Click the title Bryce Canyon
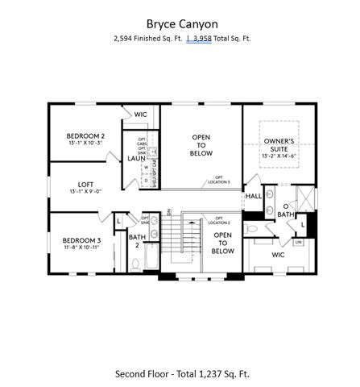click(x=180, y=23)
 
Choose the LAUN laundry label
click(x=136, y=159)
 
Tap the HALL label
click(x=253, y=196)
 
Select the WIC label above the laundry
click(x=141, y=114)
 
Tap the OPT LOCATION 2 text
click(x=218, y=220)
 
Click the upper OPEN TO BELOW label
click(x=201, y=145)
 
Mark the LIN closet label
click(x=297, y=241)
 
